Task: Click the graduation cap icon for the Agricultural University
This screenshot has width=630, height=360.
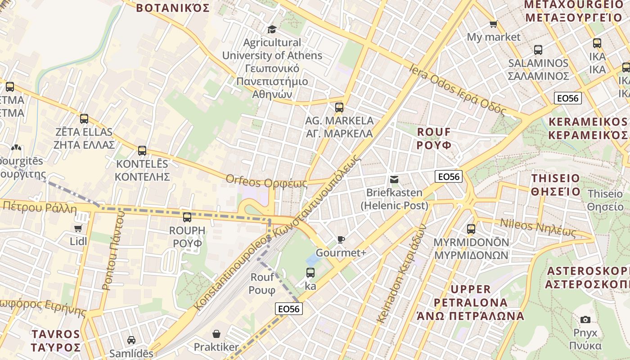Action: point(272,29)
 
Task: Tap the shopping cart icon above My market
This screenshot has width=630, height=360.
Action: point(493,24)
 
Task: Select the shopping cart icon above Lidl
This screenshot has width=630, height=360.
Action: point(78,228)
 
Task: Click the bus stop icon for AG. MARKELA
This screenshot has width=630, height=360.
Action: point(339,108)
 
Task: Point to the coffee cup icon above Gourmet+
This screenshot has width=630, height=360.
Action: point(341,239)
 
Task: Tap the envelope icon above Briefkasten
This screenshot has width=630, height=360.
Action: point(394,180)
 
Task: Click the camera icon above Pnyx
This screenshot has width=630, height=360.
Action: point(585,319)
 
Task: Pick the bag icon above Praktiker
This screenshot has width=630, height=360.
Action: point(216,334)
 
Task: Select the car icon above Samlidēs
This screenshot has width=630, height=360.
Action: point(131,340)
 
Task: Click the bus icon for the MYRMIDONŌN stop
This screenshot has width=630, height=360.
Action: point(471,229)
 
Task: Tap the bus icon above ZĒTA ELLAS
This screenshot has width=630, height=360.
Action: point(84,119)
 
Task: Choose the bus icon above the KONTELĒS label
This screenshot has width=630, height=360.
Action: point(142,151)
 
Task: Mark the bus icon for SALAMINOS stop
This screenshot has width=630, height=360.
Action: point(538,50)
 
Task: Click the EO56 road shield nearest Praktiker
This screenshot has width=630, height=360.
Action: point(289,309)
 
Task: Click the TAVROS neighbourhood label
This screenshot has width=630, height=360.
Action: point(56,341)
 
